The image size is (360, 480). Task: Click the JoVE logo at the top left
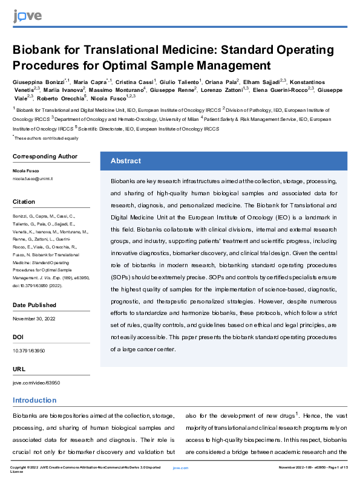[x=24, y=15]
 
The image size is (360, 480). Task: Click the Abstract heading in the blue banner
[x=126, y=161]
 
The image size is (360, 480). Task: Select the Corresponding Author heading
[x=45, y=157]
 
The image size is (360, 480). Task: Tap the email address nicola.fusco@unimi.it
[x=33, y=180]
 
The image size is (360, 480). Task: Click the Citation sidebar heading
[x=24, y=202]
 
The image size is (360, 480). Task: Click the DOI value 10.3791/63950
[x=29, y=350]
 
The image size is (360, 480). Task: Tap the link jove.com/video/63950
[x=36, y=383]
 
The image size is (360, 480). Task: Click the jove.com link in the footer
[x=180, y=468]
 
